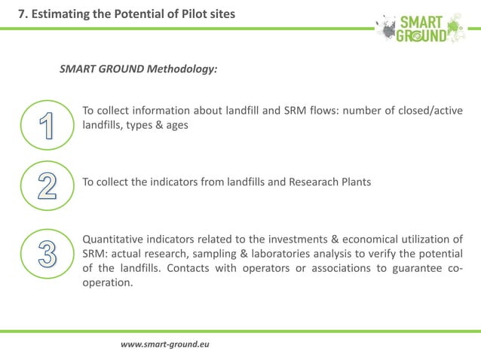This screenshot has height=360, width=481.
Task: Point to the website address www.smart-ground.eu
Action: (x=164, y=344)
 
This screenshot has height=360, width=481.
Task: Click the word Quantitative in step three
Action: (x=113, y=240)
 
